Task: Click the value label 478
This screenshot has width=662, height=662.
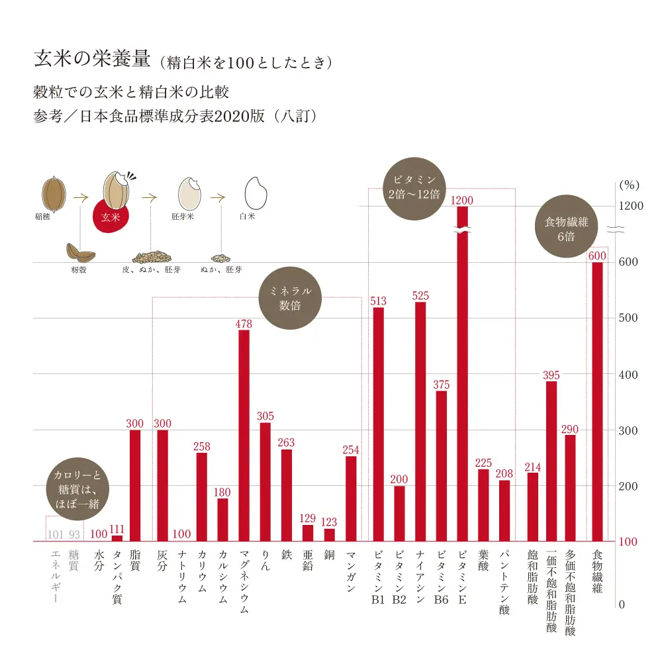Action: tap(244, 324)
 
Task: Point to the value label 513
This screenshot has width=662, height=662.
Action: tap(378, 302)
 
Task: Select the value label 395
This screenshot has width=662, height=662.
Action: tap(551, 375)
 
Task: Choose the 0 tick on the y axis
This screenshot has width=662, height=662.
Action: tap(622, 604)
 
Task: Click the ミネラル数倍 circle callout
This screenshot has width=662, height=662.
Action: tap(291, 299)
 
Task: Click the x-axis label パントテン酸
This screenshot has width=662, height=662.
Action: tap(505, 582)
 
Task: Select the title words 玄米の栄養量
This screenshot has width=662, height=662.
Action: tap(93, 61)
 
